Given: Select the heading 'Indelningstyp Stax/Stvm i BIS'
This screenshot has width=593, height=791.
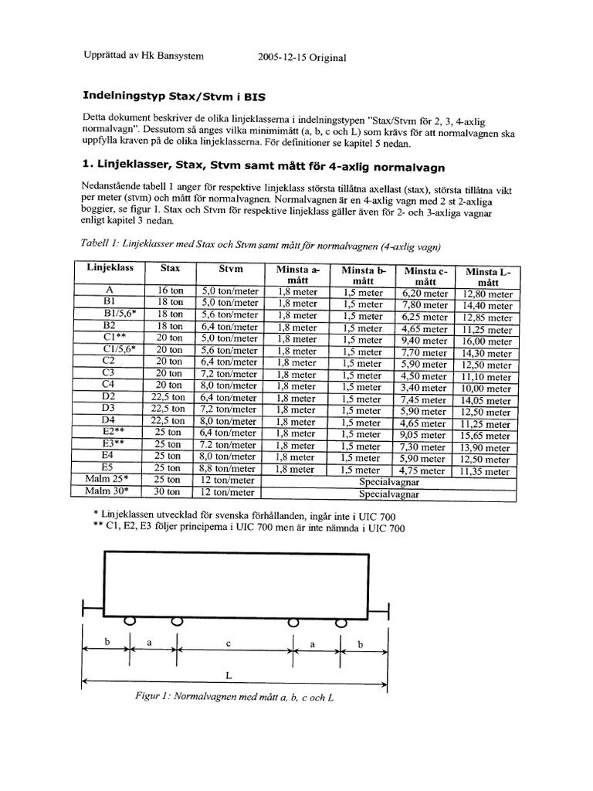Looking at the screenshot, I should point(177,97).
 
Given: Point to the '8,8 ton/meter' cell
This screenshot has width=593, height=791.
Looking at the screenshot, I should point(229,468).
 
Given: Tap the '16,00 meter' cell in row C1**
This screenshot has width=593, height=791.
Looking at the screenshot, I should point(487,341).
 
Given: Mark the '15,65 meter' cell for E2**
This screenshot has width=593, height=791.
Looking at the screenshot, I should point(487,436).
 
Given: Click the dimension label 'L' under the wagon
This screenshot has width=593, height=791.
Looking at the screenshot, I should point(229,674).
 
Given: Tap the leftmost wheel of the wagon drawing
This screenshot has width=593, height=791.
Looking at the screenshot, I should point(129,620).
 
